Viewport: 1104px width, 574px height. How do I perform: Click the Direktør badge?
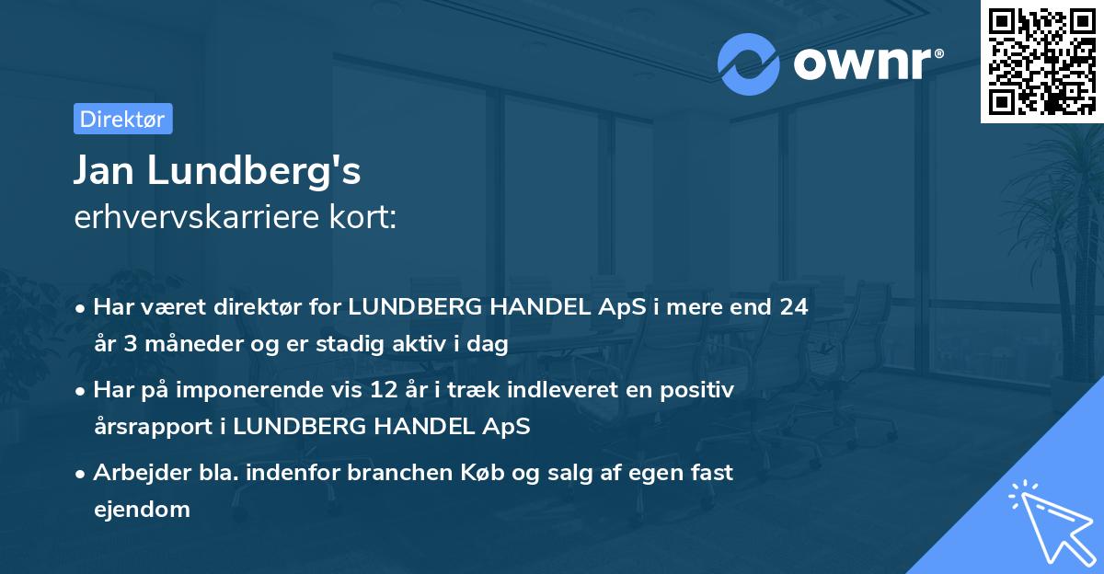[x=122, y=119]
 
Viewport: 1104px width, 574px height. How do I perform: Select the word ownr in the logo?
[x=860, y=63]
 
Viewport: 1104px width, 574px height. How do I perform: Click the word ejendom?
[x=141, y=509]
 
